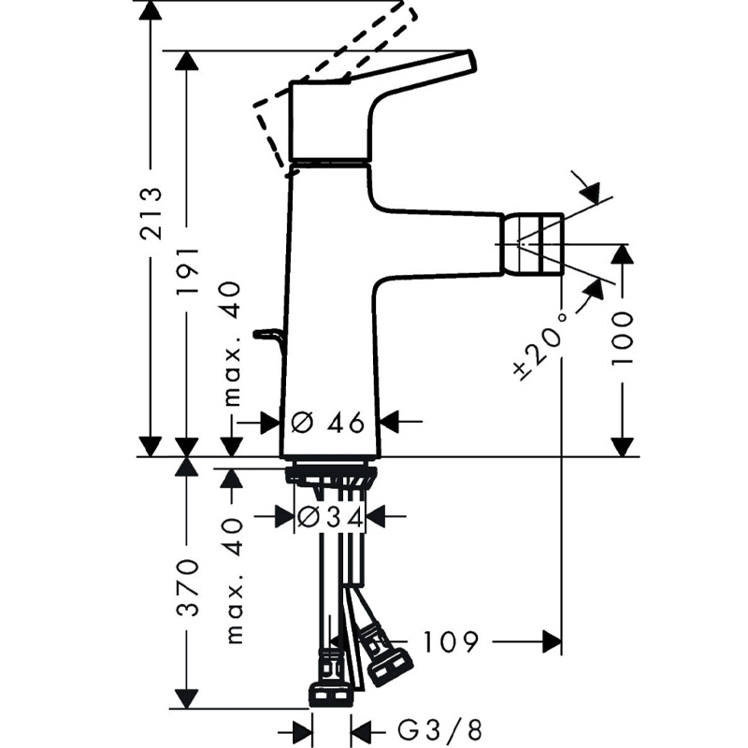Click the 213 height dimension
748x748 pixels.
(151, 213)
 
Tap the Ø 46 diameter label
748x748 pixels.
(327, 423)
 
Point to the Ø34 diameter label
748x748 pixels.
(330, 517)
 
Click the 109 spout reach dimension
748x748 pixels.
(451, 641)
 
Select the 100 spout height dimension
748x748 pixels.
(622, 338)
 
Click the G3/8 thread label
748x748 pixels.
(439, 730)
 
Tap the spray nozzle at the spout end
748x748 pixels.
(532, 244)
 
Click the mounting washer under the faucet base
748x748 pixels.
(331, 476)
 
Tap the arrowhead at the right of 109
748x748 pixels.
(553, 641)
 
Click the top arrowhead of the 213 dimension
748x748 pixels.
(151, 10)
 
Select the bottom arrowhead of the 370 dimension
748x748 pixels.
(186, 698)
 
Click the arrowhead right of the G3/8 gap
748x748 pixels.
(361, 730)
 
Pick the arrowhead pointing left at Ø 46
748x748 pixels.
(389, 422)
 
